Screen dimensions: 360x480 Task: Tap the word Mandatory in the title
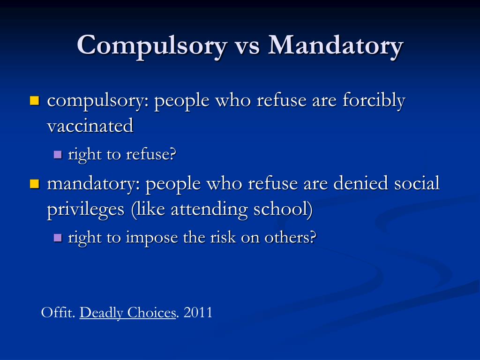tap(336, 46)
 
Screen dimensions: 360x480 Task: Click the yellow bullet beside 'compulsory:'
tap(34, 100)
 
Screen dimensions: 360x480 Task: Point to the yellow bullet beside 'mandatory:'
tap(34, 183)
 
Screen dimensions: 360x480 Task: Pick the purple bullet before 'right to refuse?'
tap(58, 154)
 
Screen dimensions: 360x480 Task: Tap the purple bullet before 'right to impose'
tap(58, 237)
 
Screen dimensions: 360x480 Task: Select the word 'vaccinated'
tap(90, 126)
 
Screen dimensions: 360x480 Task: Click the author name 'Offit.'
tap(58, 313)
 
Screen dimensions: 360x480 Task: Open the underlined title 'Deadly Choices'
tap(127, 313)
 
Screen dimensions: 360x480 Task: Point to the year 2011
tap(198, 313)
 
